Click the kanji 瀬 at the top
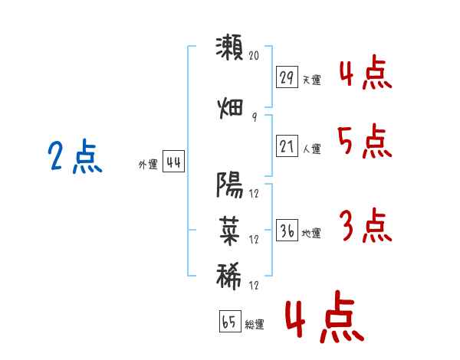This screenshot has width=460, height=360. pyautogui.click(x=229, y=47)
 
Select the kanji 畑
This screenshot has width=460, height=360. pyautogui.click(x=230, y=109)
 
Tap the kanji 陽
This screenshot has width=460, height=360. pyautogui.click(x=229, y=185)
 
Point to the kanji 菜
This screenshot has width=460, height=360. pyautogui.click(x=229, y=231)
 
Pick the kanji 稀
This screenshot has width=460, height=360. pyautogui.click(x=228, y=277)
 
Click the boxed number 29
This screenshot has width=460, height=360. pyautogui.click(x=287, y=77)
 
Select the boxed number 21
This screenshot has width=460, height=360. pyautogui.click(x=287, y=146)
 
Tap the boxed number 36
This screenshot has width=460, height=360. pyautogui.click(x=287, y=230)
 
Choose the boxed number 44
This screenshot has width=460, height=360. pyautogui.click(x=173, y=162)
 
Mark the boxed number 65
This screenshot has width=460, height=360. pyautogui.click(x=230, y=321)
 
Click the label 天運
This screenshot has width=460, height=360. pyautogui.click(x=311, y=80)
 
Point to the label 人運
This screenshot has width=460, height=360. pyautogui.click(x=311, y=149)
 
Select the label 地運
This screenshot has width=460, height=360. pyautogui.click(x=311, y=233)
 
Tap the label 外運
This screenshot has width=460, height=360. pyautogui.click(x=148, y=165)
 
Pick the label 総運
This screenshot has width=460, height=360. pyautogui.click(x=255, y=324)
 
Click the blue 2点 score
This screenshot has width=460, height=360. pyautogui.click(x=75, y=156)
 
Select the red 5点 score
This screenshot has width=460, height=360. pyautogui.click(x=365, y=141)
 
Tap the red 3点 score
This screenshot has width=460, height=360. pyautogui.click(x=366, y=225)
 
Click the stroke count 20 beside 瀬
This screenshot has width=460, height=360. pyautogui.click(x=254, y=55)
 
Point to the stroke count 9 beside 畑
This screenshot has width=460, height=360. pyautogui.click(x=255, y=116)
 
